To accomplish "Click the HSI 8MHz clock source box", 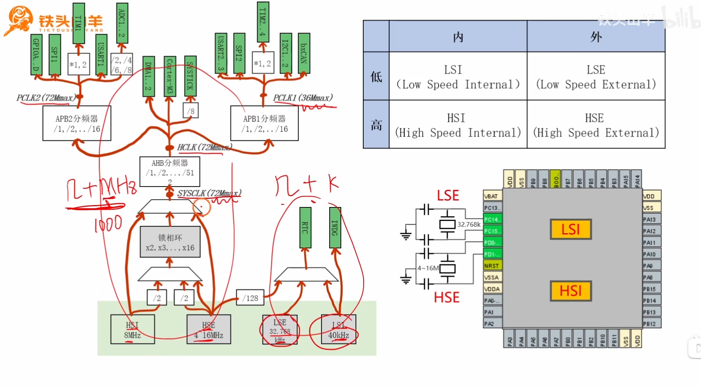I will pos(133,329).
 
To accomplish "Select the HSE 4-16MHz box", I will pos(209,329).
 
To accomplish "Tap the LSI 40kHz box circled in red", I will pos(339,329).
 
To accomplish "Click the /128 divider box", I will pos(250,298).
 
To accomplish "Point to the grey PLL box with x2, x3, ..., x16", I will pos(170,242).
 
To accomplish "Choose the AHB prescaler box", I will pos(170,171).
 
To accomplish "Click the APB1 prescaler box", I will pos(264,124).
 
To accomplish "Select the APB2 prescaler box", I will pos(77,124).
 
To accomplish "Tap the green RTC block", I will pos(305,227).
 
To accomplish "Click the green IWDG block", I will pos(335,227).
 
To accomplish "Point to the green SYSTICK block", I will pos(190,76).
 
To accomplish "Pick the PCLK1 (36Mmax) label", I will pos(303,98).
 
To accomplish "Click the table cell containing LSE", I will pos(596,76).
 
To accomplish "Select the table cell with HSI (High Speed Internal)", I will pos(458,125).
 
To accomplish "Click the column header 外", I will pos(596,37).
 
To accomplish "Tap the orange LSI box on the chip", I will pos(571,229).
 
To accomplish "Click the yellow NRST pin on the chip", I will pos(492,266).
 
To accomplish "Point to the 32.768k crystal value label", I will pos(469,224).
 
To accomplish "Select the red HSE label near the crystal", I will pos(447,297).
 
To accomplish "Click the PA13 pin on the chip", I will pos(651,219).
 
